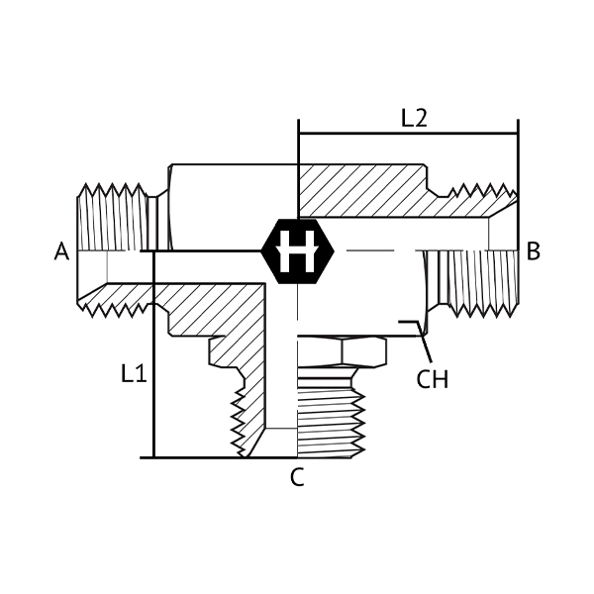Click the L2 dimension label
(414, 118)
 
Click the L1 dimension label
(134, 373)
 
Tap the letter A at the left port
(61, 251)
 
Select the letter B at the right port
(533, 251)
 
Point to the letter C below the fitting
(297, 477)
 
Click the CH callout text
(433, 379)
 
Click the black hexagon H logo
(298, 251)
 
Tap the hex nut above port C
(342, 351)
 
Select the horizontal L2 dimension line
(408, 134)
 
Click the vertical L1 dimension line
(153, 354)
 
